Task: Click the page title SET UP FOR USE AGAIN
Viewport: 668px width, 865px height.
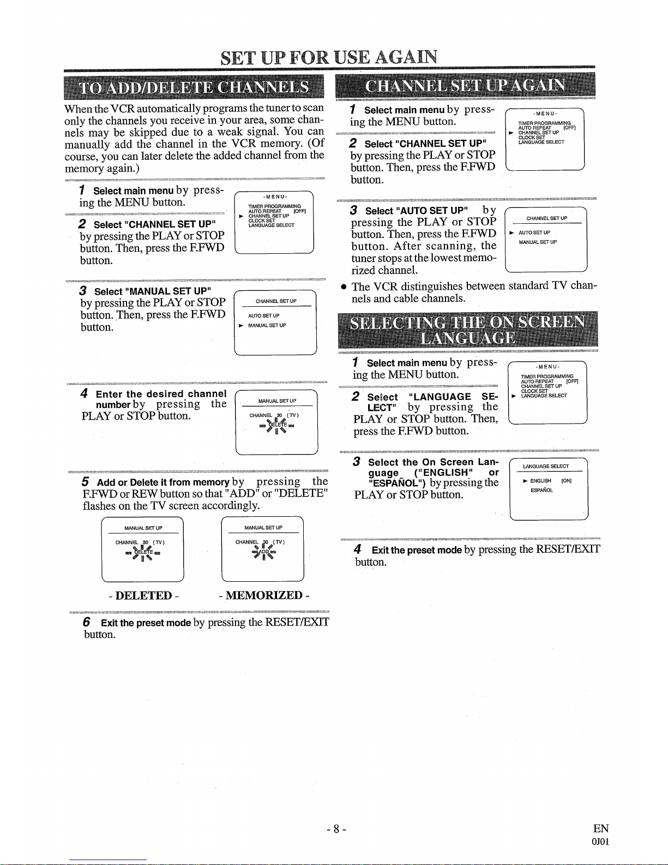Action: (x=329, y=57)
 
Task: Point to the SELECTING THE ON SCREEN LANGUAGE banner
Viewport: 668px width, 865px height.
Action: (x=467, y=330)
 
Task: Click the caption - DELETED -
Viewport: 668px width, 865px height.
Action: (x=143, y=595)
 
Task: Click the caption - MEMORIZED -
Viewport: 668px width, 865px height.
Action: (x=263, y=595)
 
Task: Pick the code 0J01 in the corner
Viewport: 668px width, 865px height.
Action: (x=600, y=841)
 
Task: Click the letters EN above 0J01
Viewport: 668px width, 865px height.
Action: (x=601, y=828)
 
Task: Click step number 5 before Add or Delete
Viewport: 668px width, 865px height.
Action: (x=86, y=482)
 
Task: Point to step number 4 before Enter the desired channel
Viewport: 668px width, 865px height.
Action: (x=85, y=393)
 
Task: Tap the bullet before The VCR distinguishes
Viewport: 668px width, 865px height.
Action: (x=344, y=287)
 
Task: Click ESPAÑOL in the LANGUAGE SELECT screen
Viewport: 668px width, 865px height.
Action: (x=541, y=490)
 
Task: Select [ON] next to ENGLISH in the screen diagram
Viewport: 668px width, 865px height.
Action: (x=566, y=481)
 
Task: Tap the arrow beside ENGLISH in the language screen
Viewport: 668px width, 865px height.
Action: (x=525, y=481)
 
